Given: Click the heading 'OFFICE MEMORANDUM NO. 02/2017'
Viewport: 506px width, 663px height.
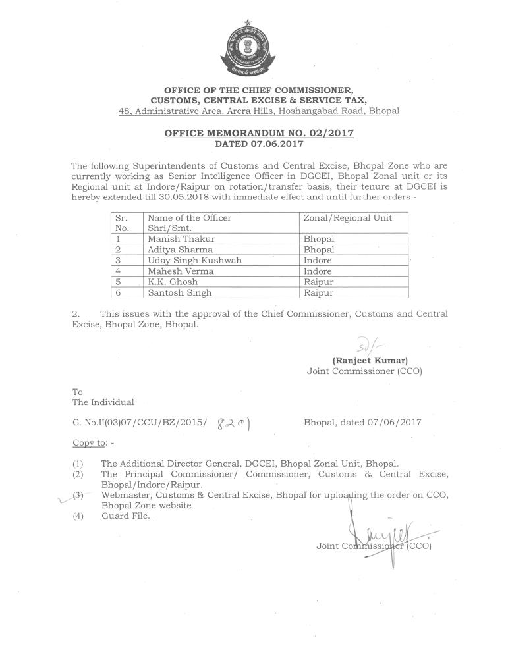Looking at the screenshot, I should tap(259, 133).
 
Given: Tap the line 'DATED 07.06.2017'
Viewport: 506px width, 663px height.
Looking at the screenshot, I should tap(259, 143).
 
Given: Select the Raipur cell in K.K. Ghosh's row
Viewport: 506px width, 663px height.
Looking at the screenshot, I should tap(318, 282).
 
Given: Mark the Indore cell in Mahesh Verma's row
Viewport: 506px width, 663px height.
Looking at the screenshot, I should tap(318, 271).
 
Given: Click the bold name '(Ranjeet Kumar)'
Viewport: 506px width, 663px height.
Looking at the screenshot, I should tap(371, 360).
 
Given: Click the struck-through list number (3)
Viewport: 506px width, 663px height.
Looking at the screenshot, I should tap(78, 494).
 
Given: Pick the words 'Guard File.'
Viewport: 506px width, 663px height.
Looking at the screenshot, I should tap(126, 516).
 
